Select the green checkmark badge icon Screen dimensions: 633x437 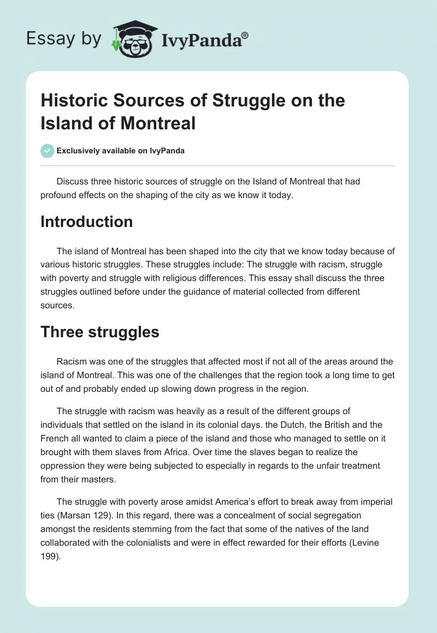[x=48, y=151]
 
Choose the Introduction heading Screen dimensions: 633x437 [x=87, y=222]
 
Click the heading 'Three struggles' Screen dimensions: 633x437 [x=100, y=332]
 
